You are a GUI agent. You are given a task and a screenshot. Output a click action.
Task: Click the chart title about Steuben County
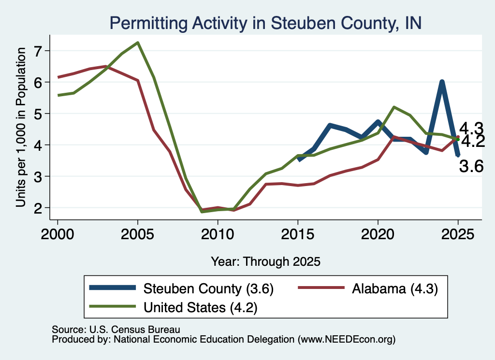pos(265,23)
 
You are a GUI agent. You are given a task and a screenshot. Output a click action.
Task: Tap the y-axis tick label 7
pos(38,51)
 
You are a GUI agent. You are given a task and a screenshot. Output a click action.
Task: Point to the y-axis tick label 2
pos(38,208)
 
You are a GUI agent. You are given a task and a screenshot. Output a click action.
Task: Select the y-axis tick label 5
pos(38,114)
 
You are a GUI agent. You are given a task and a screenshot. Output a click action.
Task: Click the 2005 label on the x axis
pos(137,234)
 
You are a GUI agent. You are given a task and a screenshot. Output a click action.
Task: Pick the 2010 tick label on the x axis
pos(218,234)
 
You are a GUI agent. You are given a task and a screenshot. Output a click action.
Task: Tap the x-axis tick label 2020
pos(378,234)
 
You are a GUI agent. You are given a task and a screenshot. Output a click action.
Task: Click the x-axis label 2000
pos(58,234)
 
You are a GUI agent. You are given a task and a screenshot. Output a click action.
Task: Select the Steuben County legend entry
pos(182,288)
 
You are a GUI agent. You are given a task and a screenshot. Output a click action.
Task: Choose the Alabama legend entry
pos(368,288)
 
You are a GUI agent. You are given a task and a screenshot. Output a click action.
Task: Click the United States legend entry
pos(174,307)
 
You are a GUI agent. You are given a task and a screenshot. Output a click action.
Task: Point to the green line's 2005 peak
pos(138,43)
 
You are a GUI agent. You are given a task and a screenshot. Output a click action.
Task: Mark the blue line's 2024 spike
pos(442,83)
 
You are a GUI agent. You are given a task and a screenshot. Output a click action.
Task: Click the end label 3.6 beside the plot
pos(471,166)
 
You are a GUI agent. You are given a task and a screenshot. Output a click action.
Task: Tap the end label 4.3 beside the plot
pos(471,129)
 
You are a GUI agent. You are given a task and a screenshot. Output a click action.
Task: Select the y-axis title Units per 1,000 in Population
pos(21,127)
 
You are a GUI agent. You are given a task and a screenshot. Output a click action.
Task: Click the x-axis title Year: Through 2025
pos(265,261)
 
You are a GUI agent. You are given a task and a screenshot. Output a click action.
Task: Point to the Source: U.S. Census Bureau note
pos(116,330)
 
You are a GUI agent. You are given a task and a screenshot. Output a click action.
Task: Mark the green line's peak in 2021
pos(394,107)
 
